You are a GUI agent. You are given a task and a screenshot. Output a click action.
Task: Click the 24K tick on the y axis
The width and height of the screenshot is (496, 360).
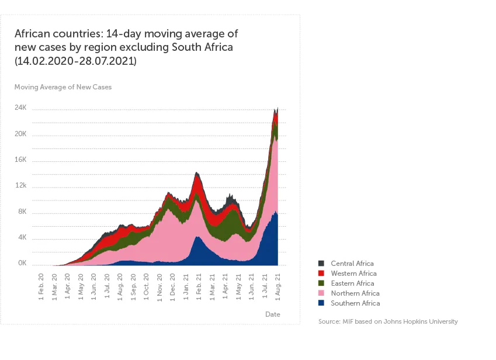pyautogui.click(x=20, y=109)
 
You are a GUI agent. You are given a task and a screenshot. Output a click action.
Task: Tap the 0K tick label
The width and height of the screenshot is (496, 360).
pyautogui.click(x=22, y=264)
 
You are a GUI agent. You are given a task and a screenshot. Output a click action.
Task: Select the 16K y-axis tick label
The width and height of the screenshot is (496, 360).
pyautogui.click(x=20, y=160)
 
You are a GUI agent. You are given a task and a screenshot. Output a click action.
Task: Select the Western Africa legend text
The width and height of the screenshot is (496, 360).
pyautogui.click(x=353, y=274)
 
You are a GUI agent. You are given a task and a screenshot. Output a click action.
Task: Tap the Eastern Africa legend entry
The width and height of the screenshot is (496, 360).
pyautogui.click(x=352, y=283)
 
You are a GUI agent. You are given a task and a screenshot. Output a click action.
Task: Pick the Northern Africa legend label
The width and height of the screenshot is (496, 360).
pyautogui.click(x=355, y=293)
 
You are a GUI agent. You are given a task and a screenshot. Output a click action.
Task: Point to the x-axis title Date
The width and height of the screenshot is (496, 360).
pyautogui.click(x=273, y=314)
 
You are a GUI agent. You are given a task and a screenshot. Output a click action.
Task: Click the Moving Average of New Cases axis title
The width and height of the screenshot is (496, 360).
pyautogui.click(x=63, y=87)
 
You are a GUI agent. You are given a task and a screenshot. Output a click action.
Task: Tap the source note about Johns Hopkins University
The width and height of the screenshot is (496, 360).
pyautogui.click(x=388, y=322)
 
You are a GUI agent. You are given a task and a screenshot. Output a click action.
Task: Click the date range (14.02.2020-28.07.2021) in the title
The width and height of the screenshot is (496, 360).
pyautogui.click(x=75, y=61)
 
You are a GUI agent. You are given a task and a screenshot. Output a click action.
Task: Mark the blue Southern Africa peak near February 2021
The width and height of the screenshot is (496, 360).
pyautogui.click(x=197, y=237)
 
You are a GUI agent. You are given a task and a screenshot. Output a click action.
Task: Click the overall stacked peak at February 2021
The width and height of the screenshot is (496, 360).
pyautogui.click(x=197, y=173)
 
